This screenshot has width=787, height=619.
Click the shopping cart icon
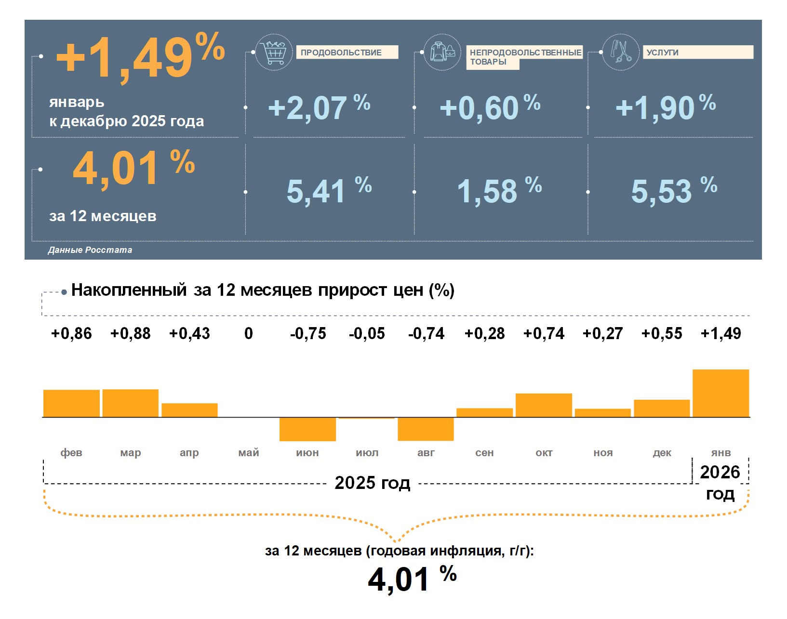tap(274, 52)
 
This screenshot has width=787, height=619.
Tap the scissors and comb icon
tap(621, 52)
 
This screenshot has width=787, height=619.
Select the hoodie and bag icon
tap(442, 52)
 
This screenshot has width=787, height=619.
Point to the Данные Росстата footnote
tap(90, 250)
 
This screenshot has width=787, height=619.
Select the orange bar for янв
tap(720, 393)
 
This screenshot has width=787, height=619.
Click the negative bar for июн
tap(307, 429)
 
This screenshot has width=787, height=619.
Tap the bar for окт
tap(544, 405)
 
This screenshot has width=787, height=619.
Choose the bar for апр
tap(189, 410)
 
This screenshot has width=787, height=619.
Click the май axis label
tap(249, 453)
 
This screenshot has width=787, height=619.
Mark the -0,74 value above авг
tap(426, 333)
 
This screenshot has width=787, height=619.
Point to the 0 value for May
tap(249, 333)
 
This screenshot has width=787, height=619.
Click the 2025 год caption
tap(372, 483)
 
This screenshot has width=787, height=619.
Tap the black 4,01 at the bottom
tap(398, 579)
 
